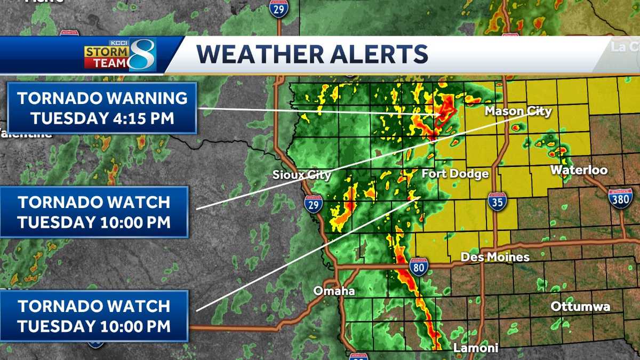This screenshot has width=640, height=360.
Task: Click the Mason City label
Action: (518, 111)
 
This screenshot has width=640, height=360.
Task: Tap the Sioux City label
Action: (302, 174)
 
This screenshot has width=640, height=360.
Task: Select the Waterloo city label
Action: (579, 171)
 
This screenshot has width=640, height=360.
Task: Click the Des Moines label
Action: (495, 257)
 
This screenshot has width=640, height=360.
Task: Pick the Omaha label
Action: (334, 291)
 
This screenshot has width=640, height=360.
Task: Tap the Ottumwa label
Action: (580, 307)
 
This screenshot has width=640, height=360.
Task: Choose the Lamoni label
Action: (476, 348)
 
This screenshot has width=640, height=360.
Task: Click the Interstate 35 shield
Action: (497, 202)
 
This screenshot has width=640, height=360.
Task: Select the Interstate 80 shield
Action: (419, 266)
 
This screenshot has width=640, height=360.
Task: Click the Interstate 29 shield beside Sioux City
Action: (313, 204)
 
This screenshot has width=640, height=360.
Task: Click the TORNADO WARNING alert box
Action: (102, 108)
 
